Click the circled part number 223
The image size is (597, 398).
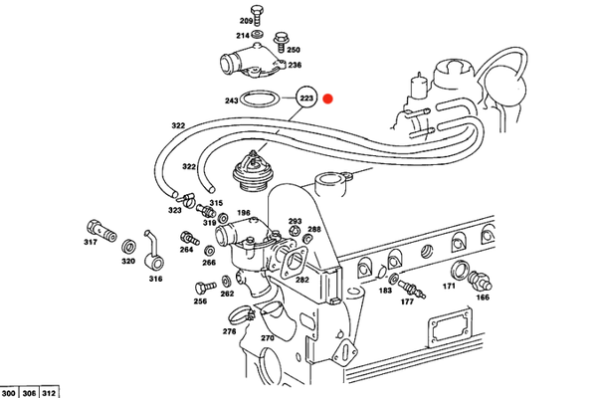pos(306,99)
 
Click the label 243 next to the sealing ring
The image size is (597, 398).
pos(232,100)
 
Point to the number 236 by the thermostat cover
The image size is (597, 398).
pos(295,66)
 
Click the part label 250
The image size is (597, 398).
pos(294,48)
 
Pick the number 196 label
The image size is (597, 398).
pos(243,213)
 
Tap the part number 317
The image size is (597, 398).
pos(90,242)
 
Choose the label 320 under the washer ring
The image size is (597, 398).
pos(127,261)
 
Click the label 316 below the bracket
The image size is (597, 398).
pos(155,280)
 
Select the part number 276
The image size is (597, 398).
pos(229,331)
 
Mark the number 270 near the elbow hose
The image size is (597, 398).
pos(267,338)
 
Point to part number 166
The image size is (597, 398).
pos(484,297)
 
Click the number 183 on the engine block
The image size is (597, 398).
pos(385,291)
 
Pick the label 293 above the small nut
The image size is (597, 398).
pos(295,221)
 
